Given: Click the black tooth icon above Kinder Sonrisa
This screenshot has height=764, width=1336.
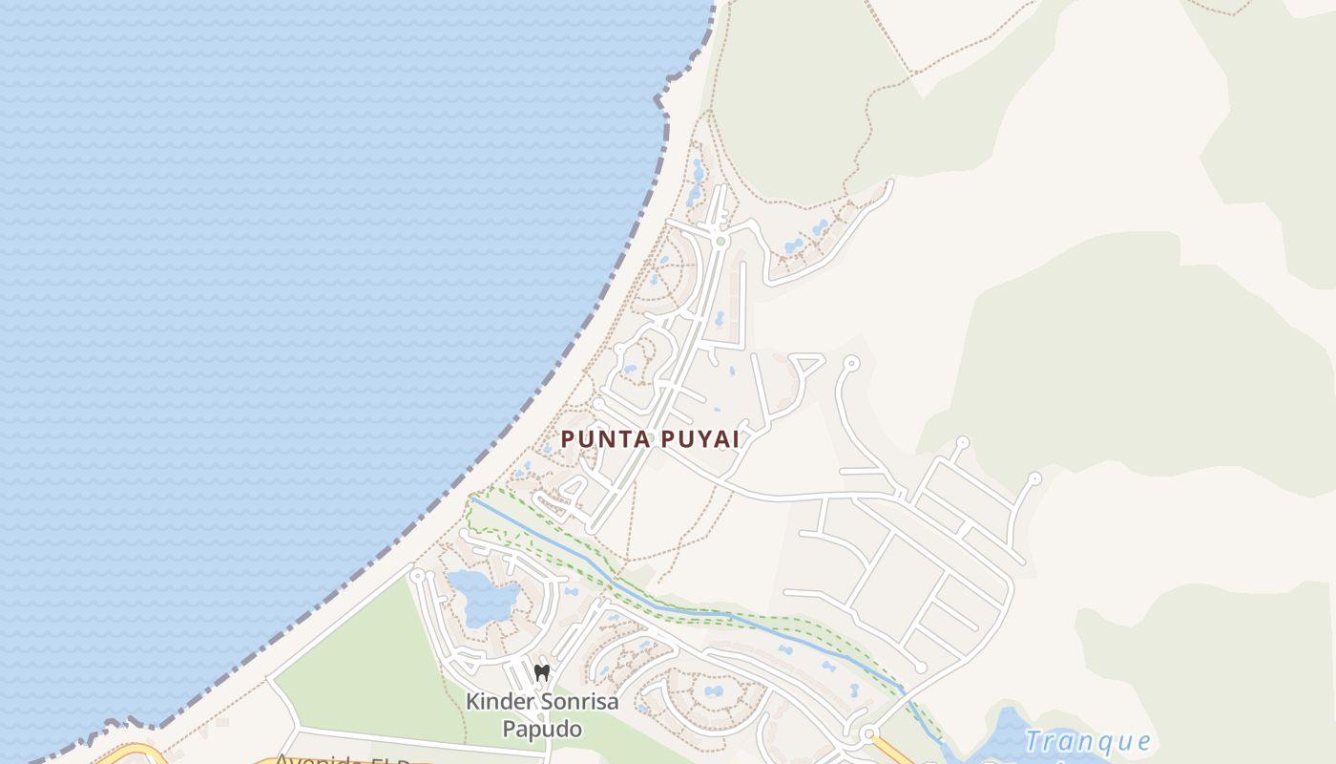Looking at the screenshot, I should pyautogui.click(x=542, y=673).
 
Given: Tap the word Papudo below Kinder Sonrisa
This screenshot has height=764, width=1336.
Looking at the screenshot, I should pyautogui.click(x=542, y=730).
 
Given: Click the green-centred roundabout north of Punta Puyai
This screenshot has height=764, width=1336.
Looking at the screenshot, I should pyautogui.click(x=720, y=242).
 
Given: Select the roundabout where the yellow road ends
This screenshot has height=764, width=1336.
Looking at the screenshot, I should pyautogui.click(x=868, y=733).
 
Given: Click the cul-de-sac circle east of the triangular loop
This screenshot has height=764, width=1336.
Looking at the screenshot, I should pyautogui.click(x=850, y=363).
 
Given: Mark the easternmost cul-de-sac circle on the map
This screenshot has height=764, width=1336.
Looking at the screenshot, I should pyautogui.click(x=1035, y=477).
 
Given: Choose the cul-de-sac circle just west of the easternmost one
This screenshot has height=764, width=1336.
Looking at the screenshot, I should pyautogui.click(x=962, y=442).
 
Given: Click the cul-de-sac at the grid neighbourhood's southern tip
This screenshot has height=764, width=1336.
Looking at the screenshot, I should pyautogui.click(x=921, y=667).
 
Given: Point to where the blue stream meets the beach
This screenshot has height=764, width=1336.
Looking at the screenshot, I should pyautogui.click(x=471, y=498).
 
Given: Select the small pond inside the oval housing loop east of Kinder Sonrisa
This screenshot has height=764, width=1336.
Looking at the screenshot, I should pyautogui.click(x=713, y=690).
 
